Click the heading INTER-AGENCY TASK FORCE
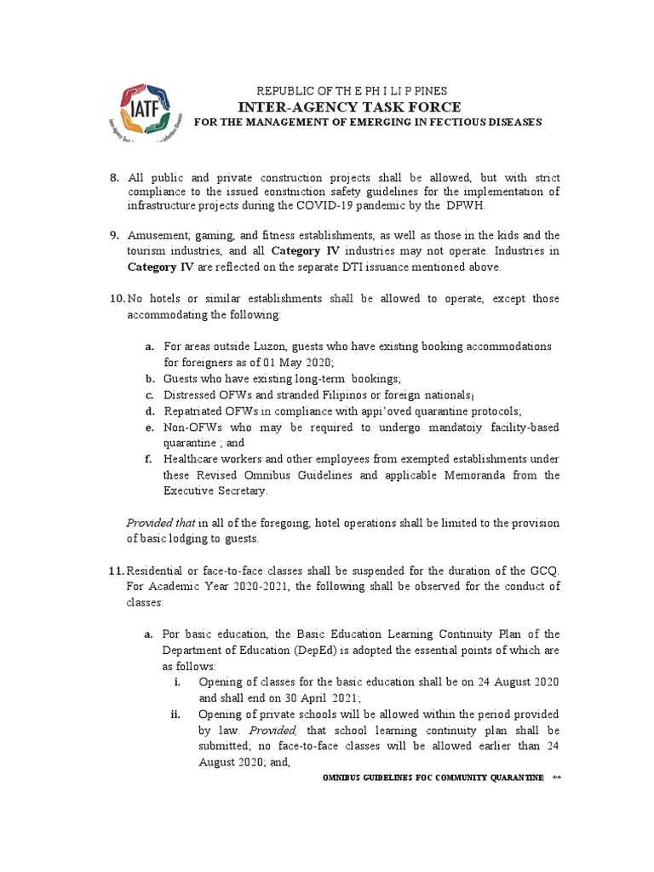pyautogui.click(x=350, y=106)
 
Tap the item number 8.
pyautogui.click(x=115, y=177)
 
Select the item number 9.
pyautogui.click(x=115, y=235)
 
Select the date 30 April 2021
pyautogui.click(x=318, y=698)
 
